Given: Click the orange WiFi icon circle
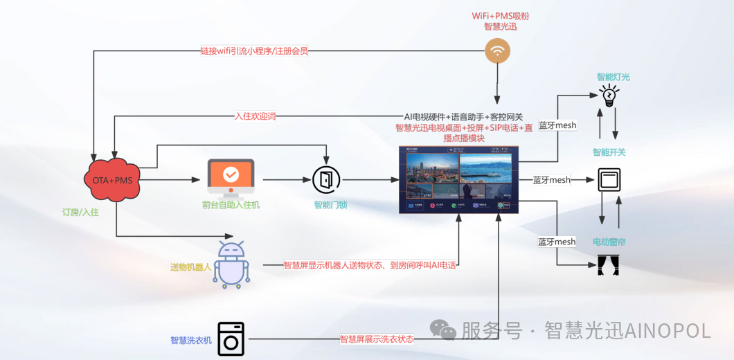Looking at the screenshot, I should pyautogui.click(x=497, y=51).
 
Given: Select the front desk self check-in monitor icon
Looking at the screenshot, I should pyautogui.click(x=231, y=177).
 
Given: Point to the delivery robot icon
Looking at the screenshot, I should pyautogui.click(x=231, y=264).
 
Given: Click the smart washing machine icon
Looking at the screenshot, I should pyautogui.click(x=231, y=339).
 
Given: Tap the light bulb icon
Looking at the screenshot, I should pyautogui.click(x=609, y=95).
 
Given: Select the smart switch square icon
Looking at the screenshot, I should pyautogui.click(x=609, y=180).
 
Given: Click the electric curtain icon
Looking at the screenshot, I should pyautogui.click(x=608, y=265).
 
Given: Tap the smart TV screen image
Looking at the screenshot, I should pyautogui.click(x=458, y=179).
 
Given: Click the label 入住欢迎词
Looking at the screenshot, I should pyautogui.click(x=256, y=116).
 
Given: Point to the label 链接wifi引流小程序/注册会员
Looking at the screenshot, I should pyautogui.click(x=254, y=51).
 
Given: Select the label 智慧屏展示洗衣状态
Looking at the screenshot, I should pyautogui.click(x=377, y=339).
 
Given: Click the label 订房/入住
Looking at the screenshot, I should pyautogui.click(x=80, y=212).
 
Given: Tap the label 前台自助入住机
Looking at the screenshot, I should pyautogui.click(x=231, y=205).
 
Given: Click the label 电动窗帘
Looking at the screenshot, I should pyautogui.click(x=609, y=242).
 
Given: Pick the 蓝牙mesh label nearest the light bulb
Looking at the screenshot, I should pyautogui.click(x=557, y=125).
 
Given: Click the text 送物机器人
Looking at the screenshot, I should pyautogui.click(x=191, y=267).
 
